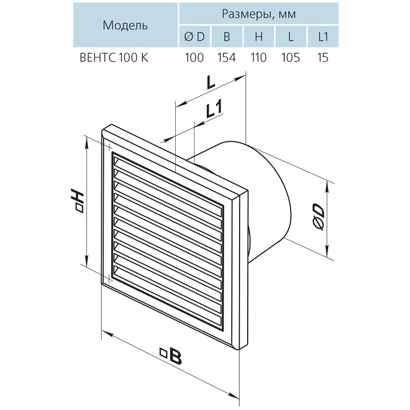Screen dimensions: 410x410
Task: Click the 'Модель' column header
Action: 125,25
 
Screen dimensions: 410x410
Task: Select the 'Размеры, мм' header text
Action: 259,13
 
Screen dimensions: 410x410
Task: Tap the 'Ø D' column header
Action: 194,36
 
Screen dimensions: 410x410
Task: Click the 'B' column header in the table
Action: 227,36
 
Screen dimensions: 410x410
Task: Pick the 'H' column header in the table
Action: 259,36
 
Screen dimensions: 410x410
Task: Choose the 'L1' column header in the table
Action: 323,36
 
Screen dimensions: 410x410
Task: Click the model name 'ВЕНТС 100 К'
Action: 114,57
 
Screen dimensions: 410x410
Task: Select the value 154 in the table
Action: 227,57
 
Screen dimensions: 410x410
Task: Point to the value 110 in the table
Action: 258,57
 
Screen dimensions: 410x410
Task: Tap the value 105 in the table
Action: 291,57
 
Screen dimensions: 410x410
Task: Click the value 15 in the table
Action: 323,57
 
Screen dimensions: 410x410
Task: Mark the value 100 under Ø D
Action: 194,57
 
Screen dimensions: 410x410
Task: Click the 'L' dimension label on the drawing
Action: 211,83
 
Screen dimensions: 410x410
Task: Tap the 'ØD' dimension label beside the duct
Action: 319,217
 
